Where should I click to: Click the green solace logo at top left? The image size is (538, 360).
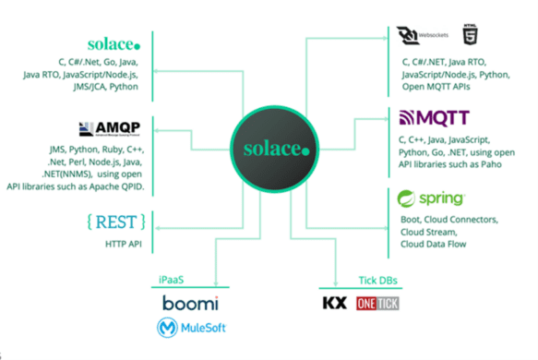114,43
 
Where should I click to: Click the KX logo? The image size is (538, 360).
333,304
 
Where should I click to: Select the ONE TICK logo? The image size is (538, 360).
378,304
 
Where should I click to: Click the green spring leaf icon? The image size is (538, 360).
406,199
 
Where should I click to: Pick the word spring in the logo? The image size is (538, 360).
442,199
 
